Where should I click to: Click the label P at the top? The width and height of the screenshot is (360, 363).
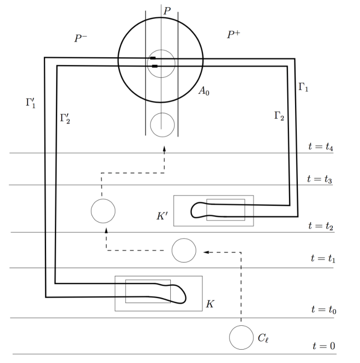167,11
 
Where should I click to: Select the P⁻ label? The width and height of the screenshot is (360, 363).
82,38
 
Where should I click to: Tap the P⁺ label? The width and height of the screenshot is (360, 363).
234,34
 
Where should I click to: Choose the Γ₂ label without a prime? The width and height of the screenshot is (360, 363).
278,115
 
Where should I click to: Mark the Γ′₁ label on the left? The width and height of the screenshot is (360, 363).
31,103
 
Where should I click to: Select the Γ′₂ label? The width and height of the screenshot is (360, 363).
65,118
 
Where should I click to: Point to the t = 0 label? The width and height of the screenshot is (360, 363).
323,346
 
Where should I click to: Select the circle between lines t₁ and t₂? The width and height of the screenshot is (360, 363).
184,251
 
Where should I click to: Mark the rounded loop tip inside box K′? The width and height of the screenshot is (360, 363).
194,209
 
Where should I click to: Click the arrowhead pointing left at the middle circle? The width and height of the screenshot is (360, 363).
206,251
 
